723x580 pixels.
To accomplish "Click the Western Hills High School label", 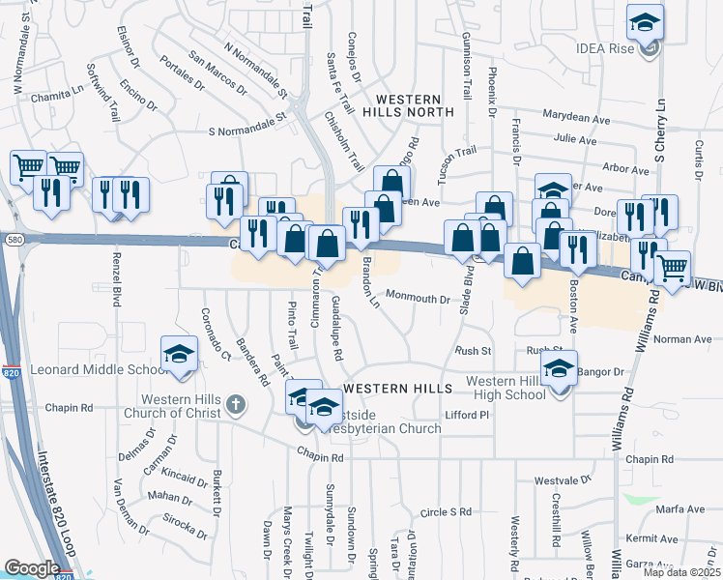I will (x=506, y=388).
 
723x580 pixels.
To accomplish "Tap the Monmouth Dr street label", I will (x=418, y=298).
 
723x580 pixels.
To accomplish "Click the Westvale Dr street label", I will (x=562, y=479).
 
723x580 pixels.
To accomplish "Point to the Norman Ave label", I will (x=682, y=339).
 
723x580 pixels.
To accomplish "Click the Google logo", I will (x=32, y=568).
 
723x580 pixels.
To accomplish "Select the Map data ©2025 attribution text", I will (x=680, y=572).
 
